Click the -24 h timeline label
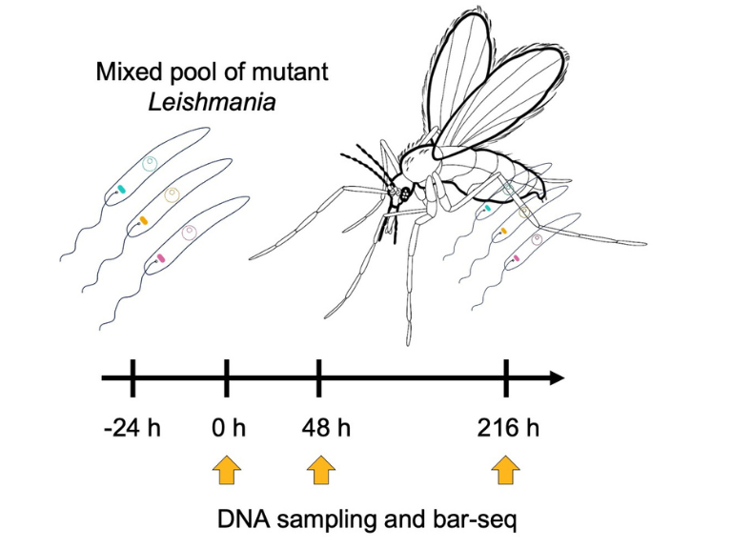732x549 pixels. pyautogui.click(x=132, y=427)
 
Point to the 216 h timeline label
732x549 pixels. pyautogui.click(x=507, y=427)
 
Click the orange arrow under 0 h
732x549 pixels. pyautogui.click(x=227, y=470)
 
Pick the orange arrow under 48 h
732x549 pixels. pyautogui.click(x=319, y=470)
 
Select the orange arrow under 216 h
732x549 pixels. pyautogui.click(x=506, y=470)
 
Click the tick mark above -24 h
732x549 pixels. pyautogui.click(x=132, y=378)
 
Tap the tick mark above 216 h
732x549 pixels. pyautogui.click(x=506, y=378)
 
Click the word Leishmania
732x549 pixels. pyautogui.click(x=213, y=101)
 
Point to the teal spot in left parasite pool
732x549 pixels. pyautogui.click(x=121, y=189)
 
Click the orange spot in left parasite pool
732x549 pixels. pyautogui.click(x=143, y=221)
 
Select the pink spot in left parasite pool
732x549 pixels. pyautogui.click(x=162, y=257)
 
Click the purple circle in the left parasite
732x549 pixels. pyautogui.click(x=189, y=232)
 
